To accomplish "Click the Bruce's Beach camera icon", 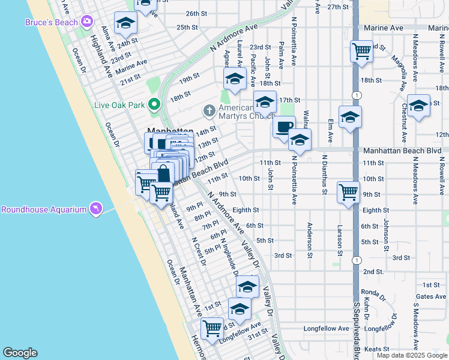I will [88, 22].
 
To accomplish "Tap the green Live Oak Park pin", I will [154, 105].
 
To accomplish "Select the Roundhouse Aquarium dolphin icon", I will [95, 209].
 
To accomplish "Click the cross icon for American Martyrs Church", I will [209, 110].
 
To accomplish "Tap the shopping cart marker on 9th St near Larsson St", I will [348, 192].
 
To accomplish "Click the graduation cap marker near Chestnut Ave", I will [418, 105].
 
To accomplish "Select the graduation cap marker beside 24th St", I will [126, 23].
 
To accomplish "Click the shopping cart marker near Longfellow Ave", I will [212, 328].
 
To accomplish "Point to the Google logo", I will [20, 353].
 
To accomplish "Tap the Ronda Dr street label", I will [373, 293].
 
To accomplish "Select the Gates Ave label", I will [431, 296].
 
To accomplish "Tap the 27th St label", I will [339, 7].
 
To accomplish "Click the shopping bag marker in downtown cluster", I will [163, 173].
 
